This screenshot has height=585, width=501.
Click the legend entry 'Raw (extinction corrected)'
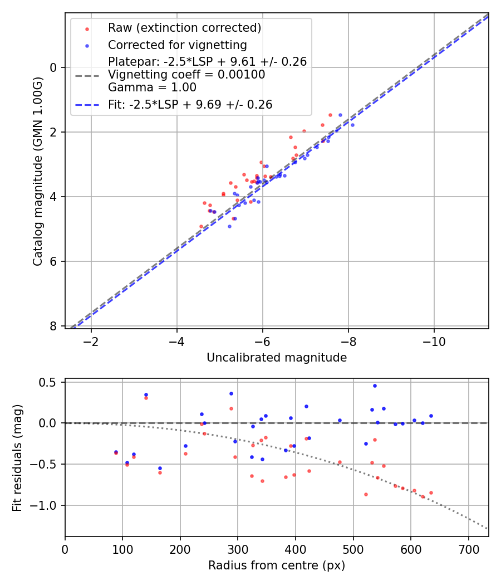[x=184, y=28]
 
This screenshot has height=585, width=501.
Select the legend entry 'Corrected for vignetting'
[x=177, y=45]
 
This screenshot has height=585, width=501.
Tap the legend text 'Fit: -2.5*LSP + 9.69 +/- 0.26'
[x=190, y=105]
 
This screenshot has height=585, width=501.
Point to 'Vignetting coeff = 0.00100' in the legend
[x=186, y=75]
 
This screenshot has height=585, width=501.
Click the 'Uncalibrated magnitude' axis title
[x=277, y=358]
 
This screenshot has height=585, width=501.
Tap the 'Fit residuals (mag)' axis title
[x=17, y=457]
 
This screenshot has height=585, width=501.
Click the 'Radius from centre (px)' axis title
[x=277, y=565]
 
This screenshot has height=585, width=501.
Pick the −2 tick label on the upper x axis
[x=91, y=341]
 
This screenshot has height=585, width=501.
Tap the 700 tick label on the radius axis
[x=468, y=549]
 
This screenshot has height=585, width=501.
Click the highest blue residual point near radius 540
[x=375, y=386]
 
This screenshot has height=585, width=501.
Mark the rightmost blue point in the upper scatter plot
[x=352, y=125]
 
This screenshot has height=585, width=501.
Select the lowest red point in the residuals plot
[x=423, y=496]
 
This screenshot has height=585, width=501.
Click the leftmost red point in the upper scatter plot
[x=201, y=226]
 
